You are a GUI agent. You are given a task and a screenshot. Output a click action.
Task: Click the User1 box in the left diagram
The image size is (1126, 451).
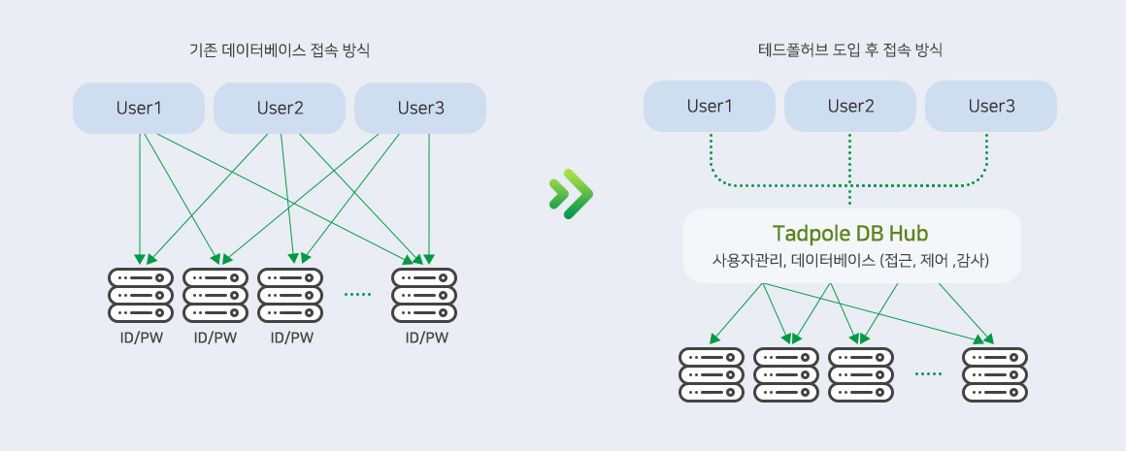pos(139,108)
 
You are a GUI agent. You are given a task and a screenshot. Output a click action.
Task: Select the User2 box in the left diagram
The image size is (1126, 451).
pos(280,108)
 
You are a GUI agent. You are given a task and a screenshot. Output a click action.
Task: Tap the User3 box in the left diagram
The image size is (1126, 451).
pos(420,108)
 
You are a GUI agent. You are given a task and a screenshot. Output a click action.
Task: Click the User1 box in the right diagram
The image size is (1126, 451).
pos(710,106)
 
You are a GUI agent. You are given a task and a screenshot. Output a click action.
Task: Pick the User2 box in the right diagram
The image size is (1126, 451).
pos(850,106)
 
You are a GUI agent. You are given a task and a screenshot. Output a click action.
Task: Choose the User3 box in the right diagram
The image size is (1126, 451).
pos(991,106)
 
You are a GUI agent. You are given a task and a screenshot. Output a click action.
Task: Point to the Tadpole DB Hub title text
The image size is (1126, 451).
pos(851,234)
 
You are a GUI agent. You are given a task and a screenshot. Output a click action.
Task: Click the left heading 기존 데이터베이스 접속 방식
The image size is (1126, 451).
pos(280,49)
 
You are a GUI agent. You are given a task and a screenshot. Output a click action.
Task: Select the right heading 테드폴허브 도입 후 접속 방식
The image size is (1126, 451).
pos(850,49)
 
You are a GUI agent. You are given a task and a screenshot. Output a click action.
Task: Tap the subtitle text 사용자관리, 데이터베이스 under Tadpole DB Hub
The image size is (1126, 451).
pos(851,260)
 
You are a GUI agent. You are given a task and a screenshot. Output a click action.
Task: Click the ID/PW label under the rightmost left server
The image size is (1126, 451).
pos(426,338)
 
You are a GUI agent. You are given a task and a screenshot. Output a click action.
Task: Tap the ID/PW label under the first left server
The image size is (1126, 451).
pos(140,338)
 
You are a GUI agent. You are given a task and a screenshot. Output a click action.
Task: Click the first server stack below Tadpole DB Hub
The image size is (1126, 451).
pos(712,374)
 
